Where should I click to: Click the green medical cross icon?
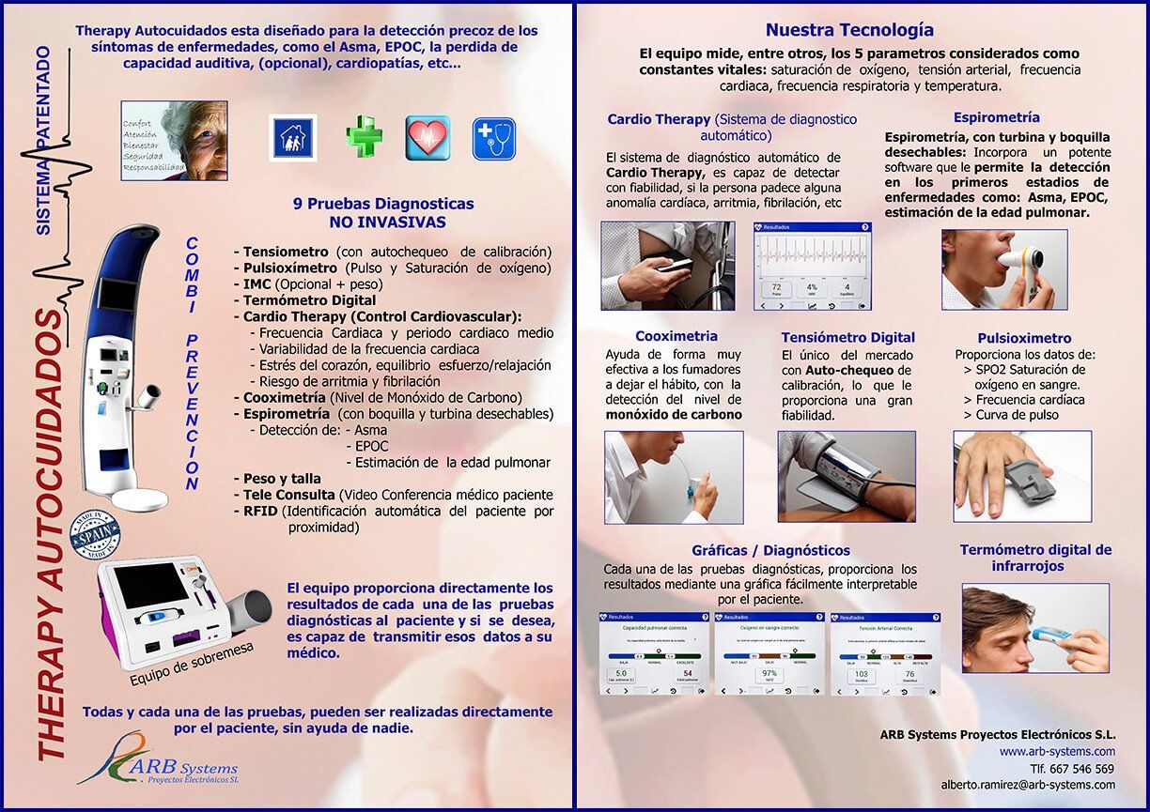(x=364, y=137)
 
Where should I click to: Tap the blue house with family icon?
(x=293, y=138)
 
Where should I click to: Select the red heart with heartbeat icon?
(x=427, y=138)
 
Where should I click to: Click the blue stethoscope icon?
(x=494, y=138)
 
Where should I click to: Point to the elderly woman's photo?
(x=175, y=140)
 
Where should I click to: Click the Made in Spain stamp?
(x=95, y=536)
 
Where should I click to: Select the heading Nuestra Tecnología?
(x=849, y=30)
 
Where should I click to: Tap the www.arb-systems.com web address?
(x=1057, y=752)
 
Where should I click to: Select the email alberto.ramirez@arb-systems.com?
(x=1028, y=785)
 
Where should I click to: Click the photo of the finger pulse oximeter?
(x=1022, y=476)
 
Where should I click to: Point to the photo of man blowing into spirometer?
(x=1004, y=269)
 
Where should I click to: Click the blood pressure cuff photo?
(x=847, y=476)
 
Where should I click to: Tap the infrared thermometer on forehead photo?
(x=1035, y=628)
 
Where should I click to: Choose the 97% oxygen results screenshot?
(x=769, y=653)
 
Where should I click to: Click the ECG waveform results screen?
(x=813, y=267)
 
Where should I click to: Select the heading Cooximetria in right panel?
(x=676, y=336)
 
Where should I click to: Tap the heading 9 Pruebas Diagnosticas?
(x=383, y=204)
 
